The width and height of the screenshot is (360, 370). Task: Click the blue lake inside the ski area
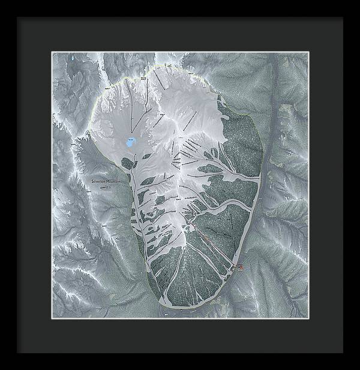[x=130, y=143]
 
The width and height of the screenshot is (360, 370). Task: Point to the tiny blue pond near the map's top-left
[x=73, y=58]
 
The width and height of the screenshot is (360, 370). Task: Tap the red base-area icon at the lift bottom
[x=240, y=267]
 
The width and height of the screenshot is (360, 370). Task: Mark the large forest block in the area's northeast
[x=240, y=138]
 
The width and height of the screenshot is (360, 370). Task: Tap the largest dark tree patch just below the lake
[x=127, y=163]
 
